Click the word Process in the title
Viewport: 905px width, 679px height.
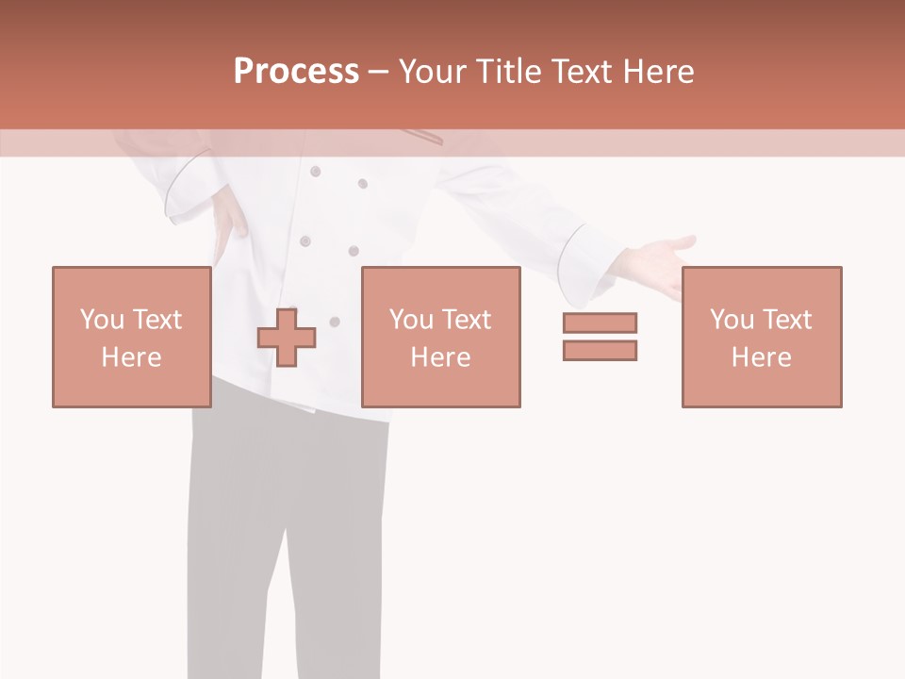[x=296, y=72]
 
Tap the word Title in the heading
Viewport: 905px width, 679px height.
[x=509, y=72]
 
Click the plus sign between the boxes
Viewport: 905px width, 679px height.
[x=287, y=338]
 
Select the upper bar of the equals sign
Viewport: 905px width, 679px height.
[x=600, y=323]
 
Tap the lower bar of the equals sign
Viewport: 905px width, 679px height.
[x=600, y=350]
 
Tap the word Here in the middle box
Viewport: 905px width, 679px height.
[x=440, y=357]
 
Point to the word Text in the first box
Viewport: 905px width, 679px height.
[x=157, y=320]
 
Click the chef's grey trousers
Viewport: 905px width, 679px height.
[x=283, y=528]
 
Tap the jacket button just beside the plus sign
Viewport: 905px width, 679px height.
[x=334, y=322]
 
